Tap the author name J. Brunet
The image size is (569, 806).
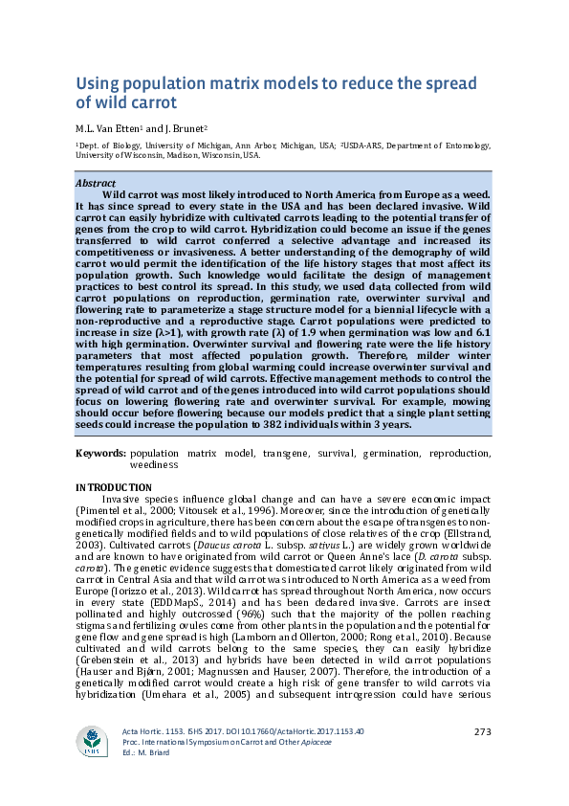181,127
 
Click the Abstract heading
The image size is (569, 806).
95,182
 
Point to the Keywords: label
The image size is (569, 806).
100,453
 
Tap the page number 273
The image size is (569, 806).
482,759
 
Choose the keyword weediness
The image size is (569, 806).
155,464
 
